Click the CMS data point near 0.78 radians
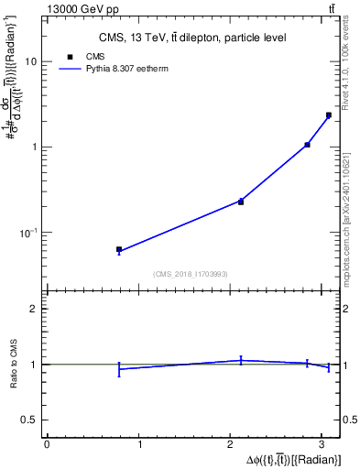pos(119,249)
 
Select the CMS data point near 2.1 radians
pos(241,202)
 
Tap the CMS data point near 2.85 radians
pos(308,145)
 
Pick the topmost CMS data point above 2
pos(329,115)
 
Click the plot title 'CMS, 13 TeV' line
pos(192,38)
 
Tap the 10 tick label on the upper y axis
pos(31,62)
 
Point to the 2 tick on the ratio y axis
pos(34,309)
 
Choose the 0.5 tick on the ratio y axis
pos(30,420)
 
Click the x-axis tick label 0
pos(47,444)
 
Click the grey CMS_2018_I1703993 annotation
pos(191,274)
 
